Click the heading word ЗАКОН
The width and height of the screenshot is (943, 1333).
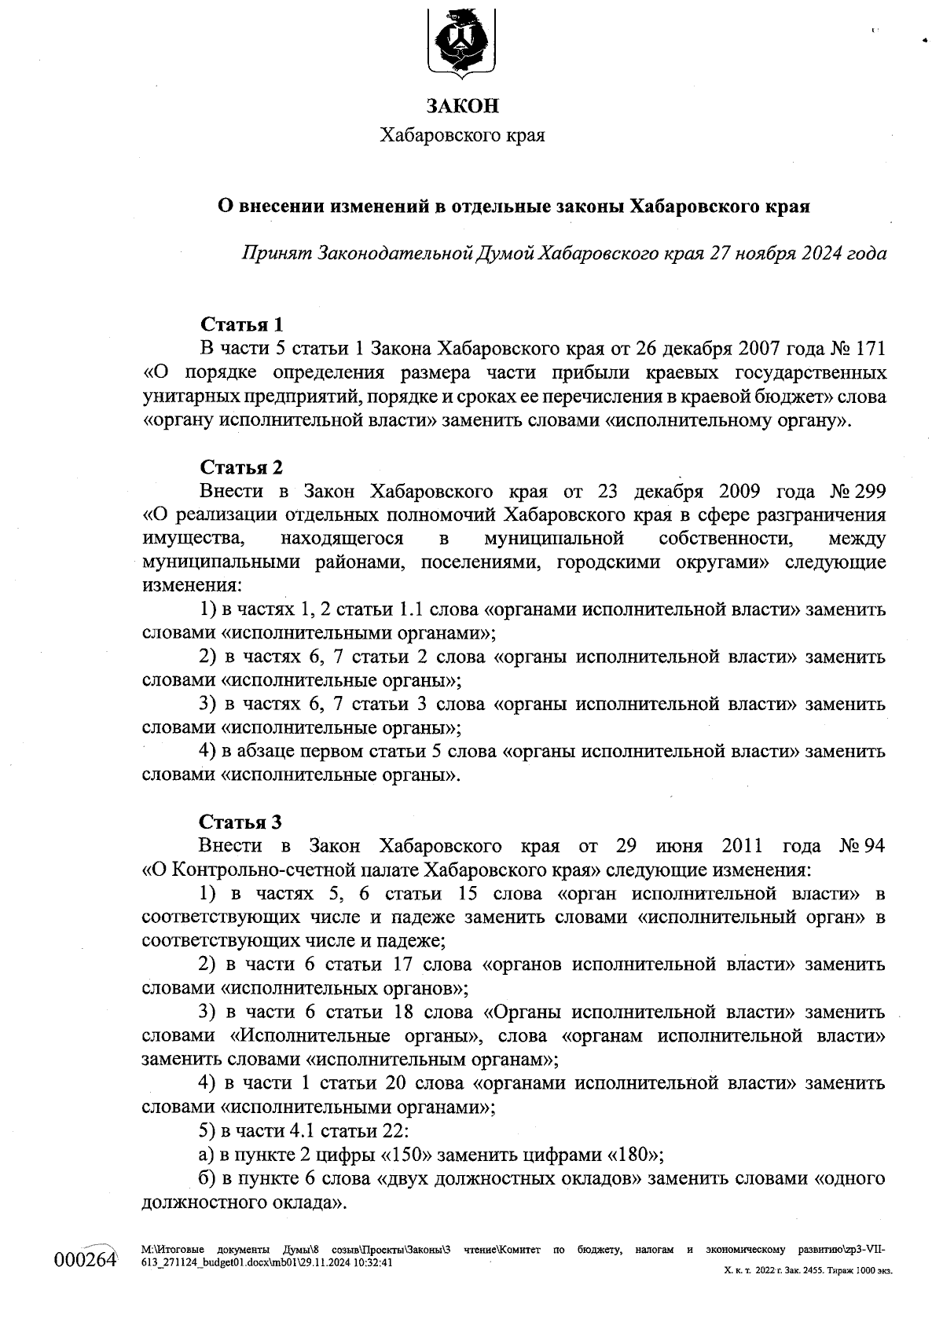(x=462, y=105)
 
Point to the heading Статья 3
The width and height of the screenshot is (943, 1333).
(x=240, y=822)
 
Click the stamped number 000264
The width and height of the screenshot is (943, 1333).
(x=85, y=1260)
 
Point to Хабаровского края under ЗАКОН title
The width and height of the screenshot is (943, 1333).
(x=462, y=135)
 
